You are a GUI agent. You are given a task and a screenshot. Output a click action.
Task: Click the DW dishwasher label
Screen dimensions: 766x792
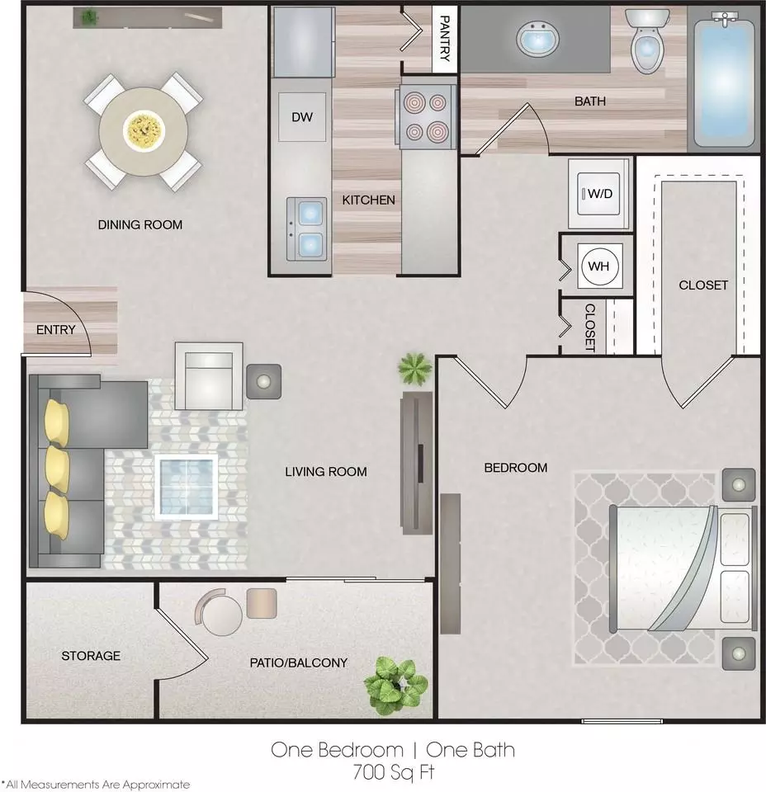click(x=302, y=117)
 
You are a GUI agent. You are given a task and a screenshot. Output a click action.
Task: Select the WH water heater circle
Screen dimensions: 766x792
click(x=599, y=266)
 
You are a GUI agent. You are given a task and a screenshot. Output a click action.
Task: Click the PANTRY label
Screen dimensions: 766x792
click(x=445, y=39)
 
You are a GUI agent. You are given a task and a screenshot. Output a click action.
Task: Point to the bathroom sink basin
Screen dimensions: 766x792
click(x=538, y=40)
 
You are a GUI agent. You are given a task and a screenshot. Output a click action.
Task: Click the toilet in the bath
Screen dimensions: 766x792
click(x=648, y=41)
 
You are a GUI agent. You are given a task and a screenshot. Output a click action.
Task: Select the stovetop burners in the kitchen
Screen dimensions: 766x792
click(x=428, y=117)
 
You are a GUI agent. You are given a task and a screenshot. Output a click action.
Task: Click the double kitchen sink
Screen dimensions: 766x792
click(x=307, y=229)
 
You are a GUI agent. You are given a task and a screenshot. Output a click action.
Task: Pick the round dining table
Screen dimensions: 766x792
click(x=144, y=131)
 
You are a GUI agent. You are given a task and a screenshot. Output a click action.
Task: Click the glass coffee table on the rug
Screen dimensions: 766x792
click(x=187, y=488)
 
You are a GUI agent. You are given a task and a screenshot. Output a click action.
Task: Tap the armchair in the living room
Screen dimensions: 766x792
click(x=209, y=376)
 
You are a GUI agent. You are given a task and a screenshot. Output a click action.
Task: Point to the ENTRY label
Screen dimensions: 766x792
click(x=55, y=330)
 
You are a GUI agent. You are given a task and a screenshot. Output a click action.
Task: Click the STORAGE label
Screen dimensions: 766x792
click(x=91, y=656)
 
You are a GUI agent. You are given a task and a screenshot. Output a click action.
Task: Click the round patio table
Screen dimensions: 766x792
click(x=222, y=615)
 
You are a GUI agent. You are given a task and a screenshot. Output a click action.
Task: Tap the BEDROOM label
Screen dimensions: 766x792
click(x=515, y=468)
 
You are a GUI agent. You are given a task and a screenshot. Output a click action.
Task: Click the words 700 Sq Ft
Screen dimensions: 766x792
click(x=394, y=772)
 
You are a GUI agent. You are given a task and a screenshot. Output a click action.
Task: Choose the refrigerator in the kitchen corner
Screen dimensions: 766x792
click(x=304, y=42)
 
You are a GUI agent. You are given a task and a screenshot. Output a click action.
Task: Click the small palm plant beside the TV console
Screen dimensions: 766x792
click(x=415, y=369)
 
